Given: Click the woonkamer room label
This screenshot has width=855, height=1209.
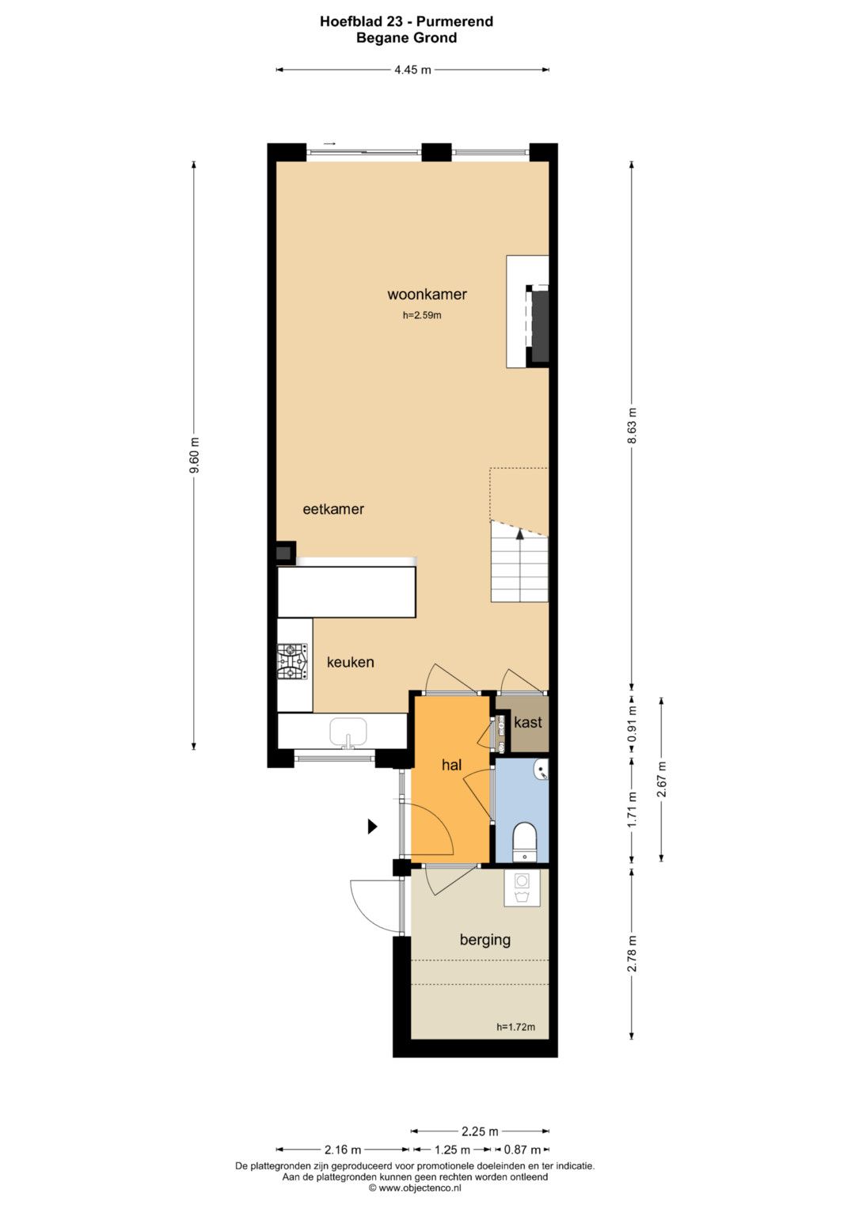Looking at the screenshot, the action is pyautogui.click(x=427, y=295).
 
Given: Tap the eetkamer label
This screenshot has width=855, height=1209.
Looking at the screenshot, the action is pyautogui.click(x=333, y=509).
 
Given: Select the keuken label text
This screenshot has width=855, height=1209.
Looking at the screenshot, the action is pyautogui.click(x=350, y=662).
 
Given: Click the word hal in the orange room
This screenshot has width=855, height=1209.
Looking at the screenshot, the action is pyautogui.click(x=451, y=765).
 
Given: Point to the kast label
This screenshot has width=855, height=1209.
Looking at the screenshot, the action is pyautogui.click(x=527, y=722).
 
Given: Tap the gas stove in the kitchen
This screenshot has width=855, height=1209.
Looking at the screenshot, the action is pyautogui.click(x=292, y=661).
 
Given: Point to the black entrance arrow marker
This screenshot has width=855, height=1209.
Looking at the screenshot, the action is pyautogui.click(x=372, y=827).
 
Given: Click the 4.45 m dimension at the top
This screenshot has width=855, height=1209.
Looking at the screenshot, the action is pyautogui.click(x=413, y=70).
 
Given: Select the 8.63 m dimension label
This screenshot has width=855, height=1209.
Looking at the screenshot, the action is pyautogui.click(x=633, y=425).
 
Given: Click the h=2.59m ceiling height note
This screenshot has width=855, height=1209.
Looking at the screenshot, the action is pyautogui.click(x=421, y=315).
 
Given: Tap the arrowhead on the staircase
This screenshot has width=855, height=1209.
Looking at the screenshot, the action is pyautogui.click(x=520, y=534).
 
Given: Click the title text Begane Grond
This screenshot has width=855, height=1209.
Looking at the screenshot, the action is pyautogui.click(x=406, y=38).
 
